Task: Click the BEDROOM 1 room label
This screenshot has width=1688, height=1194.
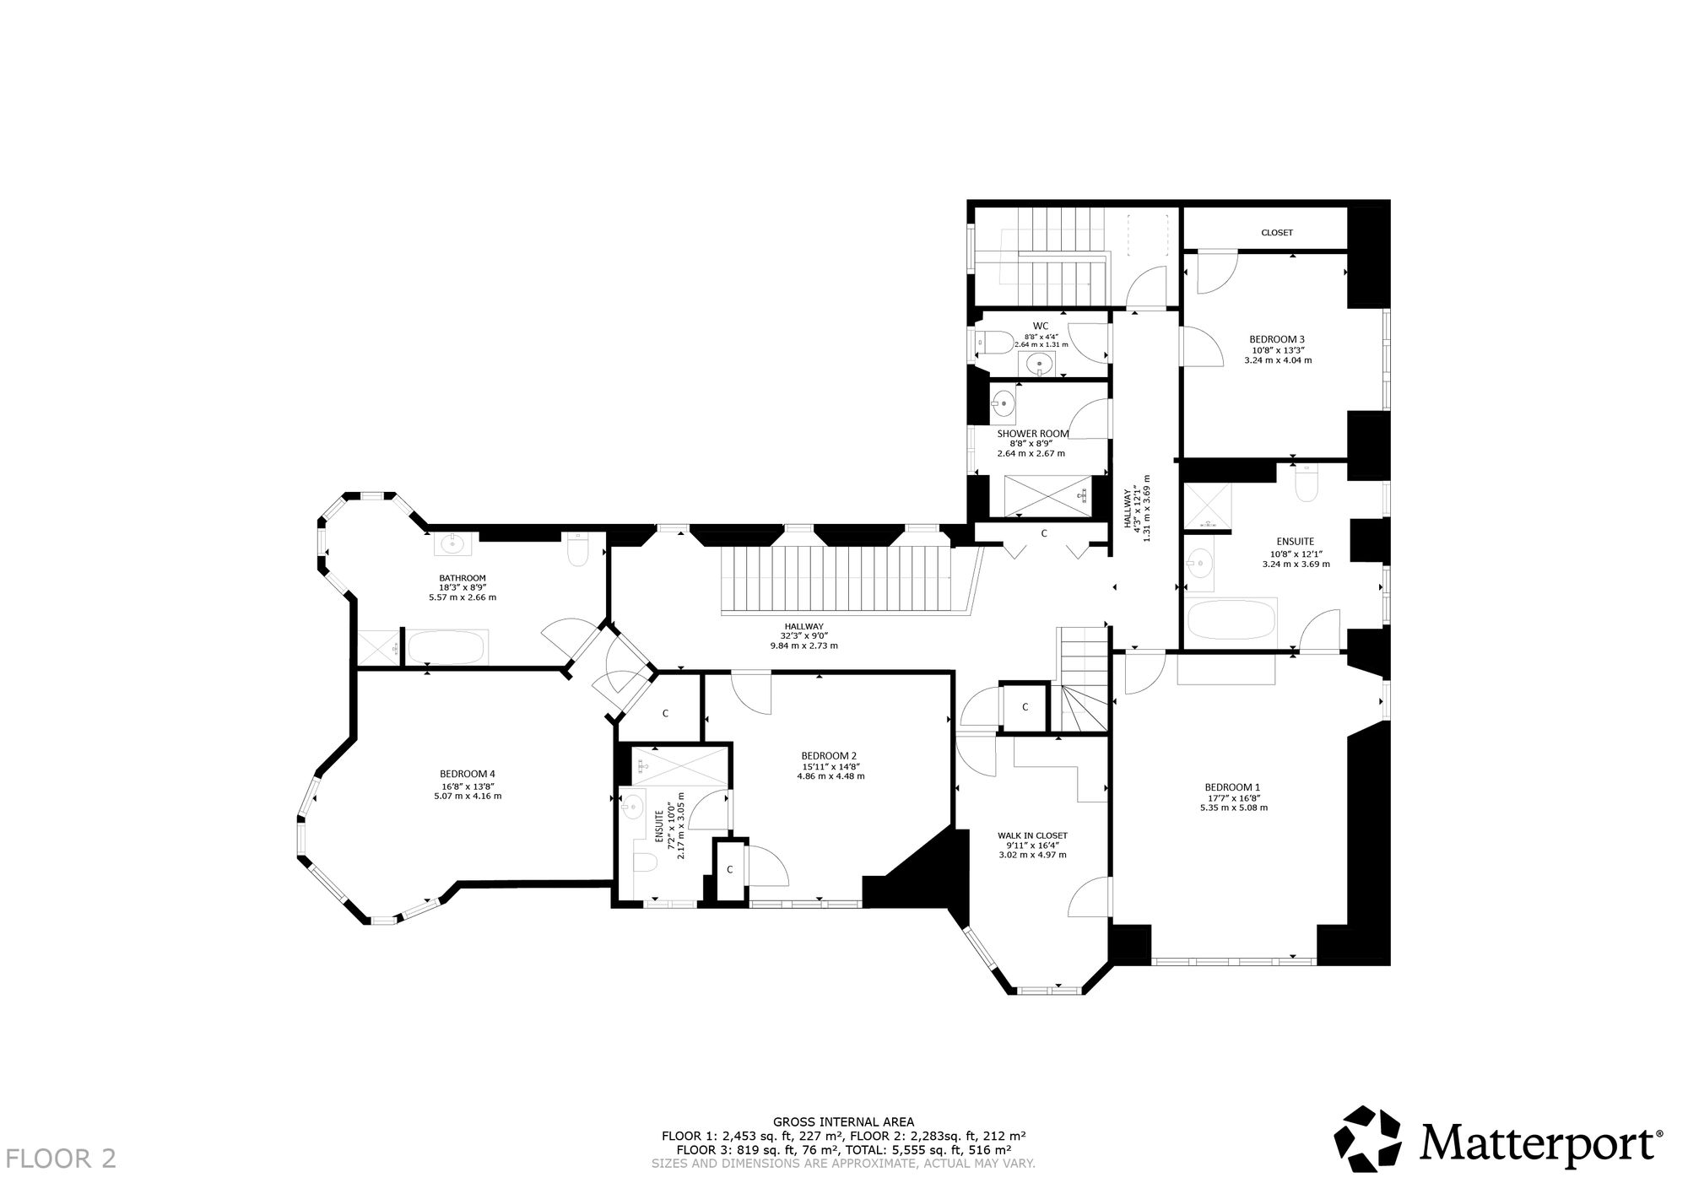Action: click(1233, 787)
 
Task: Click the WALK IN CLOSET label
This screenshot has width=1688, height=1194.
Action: click(1032, 835)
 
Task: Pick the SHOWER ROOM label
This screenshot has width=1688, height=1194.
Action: click(1033, 434)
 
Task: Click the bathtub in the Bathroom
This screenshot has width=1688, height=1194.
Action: click(446, 647)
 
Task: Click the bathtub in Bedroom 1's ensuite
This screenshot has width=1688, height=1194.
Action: click(1231, 620)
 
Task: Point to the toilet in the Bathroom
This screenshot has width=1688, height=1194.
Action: click(578, 550)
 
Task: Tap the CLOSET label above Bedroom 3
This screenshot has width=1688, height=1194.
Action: click(1277, 233)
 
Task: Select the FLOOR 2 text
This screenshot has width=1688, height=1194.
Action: click(61, 1159)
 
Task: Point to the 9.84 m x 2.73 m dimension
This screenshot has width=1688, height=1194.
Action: click(803, 646)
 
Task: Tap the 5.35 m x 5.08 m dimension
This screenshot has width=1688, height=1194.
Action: click(1233, 808)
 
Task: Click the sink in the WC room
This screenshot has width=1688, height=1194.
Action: click(1041, 365)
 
